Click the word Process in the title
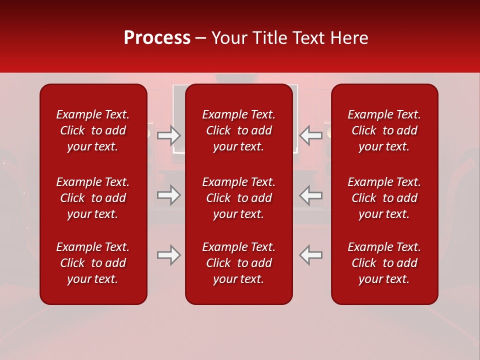(157, 38)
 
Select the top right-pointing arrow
(168, 135)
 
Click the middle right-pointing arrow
(168, 195)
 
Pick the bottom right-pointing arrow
(168, 255)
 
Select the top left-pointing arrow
(311, 135)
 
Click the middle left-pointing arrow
(311, 195)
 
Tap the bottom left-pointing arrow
(311, 255)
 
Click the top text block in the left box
(93, 130)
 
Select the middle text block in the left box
(93, 198)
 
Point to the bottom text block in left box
(93, 263)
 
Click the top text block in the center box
(239, 130)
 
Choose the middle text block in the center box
(239, 198)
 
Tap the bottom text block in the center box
(239, 263)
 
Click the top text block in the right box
(384, 130)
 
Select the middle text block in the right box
(384, 198)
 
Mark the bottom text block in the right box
(384, 263)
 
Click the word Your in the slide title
(228, 38)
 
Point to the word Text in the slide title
(308, 38)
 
